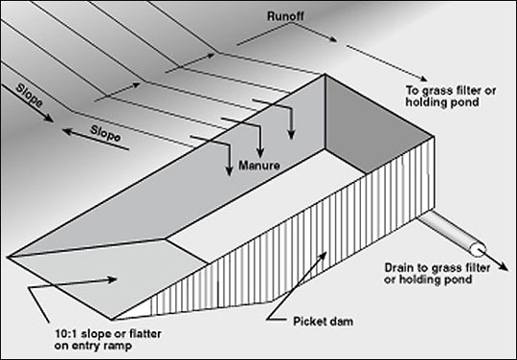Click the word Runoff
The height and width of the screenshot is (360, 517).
285,16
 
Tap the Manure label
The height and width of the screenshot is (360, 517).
259,166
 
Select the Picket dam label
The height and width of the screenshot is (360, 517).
324,321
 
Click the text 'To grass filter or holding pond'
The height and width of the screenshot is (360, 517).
451,96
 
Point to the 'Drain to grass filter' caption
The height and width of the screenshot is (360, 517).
438,268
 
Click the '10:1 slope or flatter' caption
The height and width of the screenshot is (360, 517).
108,333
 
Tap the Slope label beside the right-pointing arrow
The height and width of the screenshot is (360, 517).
30,96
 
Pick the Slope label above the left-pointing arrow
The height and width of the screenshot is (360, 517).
105,133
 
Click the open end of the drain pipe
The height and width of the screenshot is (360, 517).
478,250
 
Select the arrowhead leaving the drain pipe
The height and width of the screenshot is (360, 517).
504,267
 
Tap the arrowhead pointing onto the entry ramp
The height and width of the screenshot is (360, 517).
111,280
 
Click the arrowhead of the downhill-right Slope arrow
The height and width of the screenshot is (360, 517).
49,119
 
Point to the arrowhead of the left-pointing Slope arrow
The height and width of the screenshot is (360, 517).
67,131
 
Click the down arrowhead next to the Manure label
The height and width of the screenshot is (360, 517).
229,170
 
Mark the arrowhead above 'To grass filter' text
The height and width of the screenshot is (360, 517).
423,79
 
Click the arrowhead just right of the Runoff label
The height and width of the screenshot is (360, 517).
332,39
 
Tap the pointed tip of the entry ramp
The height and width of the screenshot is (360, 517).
8,257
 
